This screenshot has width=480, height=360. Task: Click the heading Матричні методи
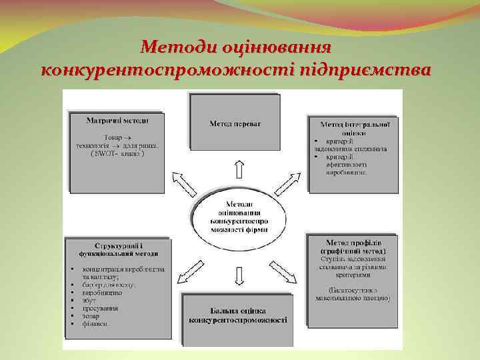point(117,121)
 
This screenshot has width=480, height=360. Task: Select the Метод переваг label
point(235,124)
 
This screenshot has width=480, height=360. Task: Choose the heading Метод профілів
point(353,245)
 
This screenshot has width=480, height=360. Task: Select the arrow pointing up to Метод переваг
point(238,169)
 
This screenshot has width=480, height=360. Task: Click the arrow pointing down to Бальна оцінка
point(238,275)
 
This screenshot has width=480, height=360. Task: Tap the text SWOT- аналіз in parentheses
point(116,153)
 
